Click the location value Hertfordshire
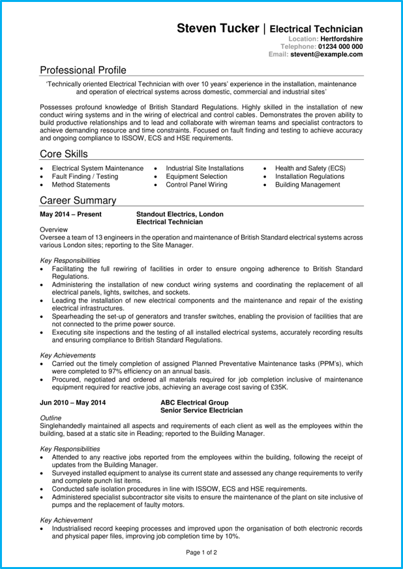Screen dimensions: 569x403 (341, 39)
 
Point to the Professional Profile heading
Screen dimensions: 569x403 (83, 70)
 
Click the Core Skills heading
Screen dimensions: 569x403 (63, 154)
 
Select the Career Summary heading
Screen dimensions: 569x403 (78, 200)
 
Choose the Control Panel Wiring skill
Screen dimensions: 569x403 (196, 185)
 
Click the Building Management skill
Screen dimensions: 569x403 (307, 185)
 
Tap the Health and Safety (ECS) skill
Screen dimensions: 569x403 (310, 168)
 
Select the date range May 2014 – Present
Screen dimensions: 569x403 (71, 214)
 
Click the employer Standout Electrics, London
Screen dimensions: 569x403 (179, 214)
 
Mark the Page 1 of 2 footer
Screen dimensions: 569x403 (201, 552)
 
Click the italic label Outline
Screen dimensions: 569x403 (50, 418)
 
